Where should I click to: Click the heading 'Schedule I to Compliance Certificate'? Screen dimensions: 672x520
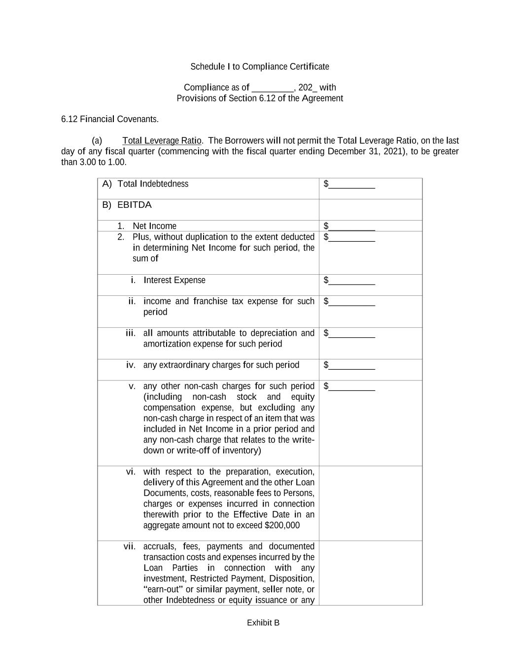(260, 66)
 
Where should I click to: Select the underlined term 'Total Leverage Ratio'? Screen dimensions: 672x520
(162, 141)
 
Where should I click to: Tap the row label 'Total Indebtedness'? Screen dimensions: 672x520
(153, 184)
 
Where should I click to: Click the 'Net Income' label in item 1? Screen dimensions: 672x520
(154, 226)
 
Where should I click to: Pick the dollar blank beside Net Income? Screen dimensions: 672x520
(351, 227)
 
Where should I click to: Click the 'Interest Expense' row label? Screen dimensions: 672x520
(174, 280)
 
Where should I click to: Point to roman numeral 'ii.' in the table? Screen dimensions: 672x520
(132, 301)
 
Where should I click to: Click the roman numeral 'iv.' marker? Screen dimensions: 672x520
(131, 365)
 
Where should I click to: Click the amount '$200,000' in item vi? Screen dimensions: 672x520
(282, 525)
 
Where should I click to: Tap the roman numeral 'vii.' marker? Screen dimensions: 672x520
(129, 546)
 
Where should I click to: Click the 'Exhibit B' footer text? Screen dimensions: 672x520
(263, 623)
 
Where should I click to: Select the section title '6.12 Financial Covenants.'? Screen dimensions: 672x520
(110, 119)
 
